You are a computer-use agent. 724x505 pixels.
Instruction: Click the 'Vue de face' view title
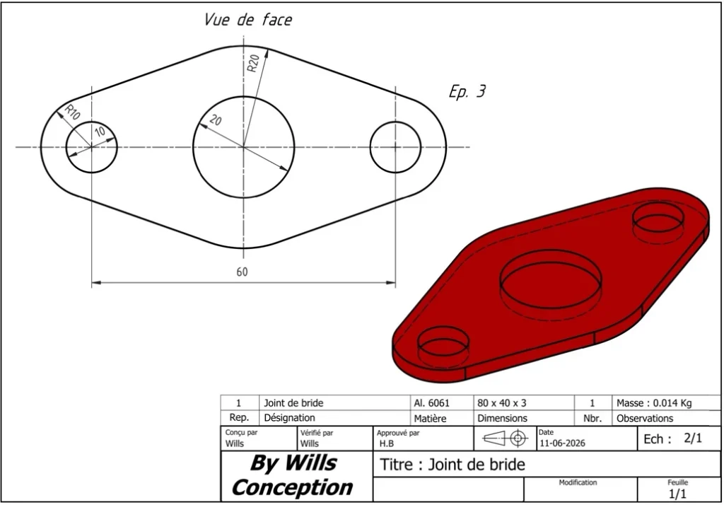tap(248, 19)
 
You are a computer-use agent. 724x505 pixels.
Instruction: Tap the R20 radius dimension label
tap(253, 63)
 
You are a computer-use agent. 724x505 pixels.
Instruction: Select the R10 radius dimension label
tap(72, 112)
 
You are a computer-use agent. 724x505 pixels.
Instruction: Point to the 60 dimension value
tap(243, 272)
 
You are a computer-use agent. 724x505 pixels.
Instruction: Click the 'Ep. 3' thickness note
tap(467, 91)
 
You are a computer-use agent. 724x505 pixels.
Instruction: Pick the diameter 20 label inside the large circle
tap(216, 120)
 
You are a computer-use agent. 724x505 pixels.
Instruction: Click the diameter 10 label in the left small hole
tap(100, 132)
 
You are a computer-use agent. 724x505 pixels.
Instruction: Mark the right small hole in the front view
tap(395, 122)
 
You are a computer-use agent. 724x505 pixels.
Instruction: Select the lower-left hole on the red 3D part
tap(443, 328)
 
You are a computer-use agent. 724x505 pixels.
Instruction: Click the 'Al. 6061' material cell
tap(432, 403)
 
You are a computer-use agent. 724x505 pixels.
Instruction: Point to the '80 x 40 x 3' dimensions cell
tap(502, 403)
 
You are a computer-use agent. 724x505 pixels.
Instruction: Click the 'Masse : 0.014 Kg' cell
tap(654, 403)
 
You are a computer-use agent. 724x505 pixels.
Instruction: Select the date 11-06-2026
tap(562, 443)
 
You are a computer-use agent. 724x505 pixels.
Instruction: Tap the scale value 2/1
tap(693, 438)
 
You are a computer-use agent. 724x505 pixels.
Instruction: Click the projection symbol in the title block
tap(505, 438)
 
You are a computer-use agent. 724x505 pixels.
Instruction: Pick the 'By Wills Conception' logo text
tap(292, 475)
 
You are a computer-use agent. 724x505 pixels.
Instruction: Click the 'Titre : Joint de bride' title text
tap(452, 465)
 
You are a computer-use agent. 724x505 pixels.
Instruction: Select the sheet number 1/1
tap(678, 494)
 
